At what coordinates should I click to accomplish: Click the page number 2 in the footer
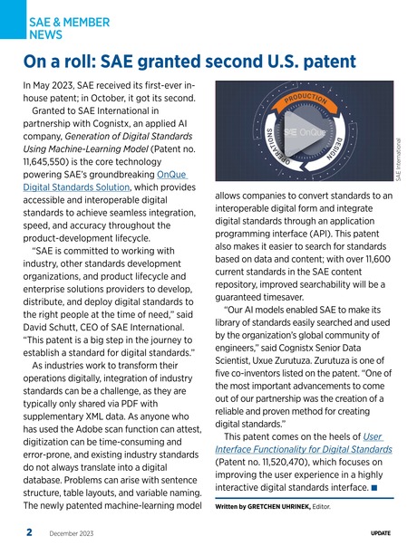point(29,535)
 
